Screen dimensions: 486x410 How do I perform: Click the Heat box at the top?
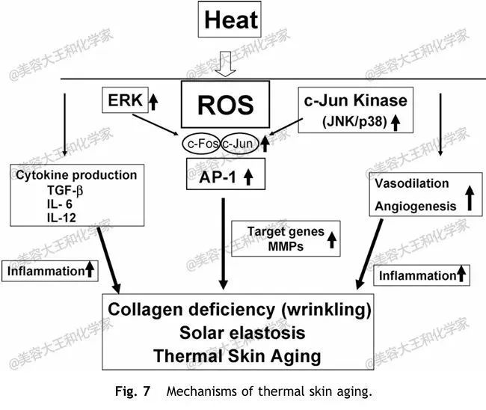230,19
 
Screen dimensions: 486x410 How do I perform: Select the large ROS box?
225,104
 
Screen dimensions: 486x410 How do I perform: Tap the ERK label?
125,100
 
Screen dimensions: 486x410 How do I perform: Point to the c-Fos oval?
201,144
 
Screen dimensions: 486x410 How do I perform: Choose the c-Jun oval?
239,144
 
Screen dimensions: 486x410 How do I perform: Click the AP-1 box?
226,174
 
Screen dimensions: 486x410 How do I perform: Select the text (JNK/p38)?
354,121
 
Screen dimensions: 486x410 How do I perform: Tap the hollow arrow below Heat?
225,64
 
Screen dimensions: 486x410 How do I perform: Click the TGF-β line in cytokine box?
65,190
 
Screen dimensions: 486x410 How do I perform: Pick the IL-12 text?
61,218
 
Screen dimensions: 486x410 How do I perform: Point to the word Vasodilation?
412,183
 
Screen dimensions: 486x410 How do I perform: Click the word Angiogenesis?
415,206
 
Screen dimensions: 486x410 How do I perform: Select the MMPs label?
286,247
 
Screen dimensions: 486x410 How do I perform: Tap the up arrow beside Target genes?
332,239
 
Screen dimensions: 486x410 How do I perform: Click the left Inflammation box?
50,271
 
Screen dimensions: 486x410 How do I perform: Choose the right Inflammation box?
422,275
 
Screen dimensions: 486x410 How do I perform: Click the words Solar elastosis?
242,333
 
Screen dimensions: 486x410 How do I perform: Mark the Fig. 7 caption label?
132,391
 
